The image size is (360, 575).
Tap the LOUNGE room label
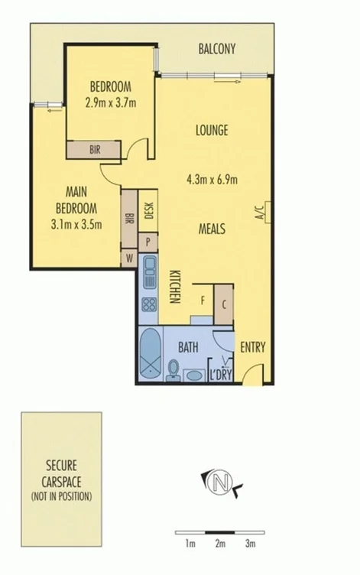pyautogui.click(x=212, y=130)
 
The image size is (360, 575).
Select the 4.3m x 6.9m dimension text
pyautogui.click(x=212, y=180)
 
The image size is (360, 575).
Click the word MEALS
pyautogui.click(x=212, y=228)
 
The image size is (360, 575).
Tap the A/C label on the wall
pyautogui.click(x=259, y=210)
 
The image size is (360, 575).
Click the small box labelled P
pyautogui.click(x=148, y=240)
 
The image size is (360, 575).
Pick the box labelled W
pyautogui.click(x=130, y=258)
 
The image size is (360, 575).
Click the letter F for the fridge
pyautogui.click(x=203, y=300)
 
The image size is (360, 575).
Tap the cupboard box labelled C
pyautogui.click(x=223, y=304)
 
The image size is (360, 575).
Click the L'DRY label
pyautogui.click(x=221, y=374)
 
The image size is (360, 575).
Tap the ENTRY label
pyautogui.click(x=252, y=346)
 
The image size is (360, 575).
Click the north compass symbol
pyautogui.click(x=222, y=482)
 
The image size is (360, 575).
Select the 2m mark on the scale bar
pyautogui.click(x=220, y=544)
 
